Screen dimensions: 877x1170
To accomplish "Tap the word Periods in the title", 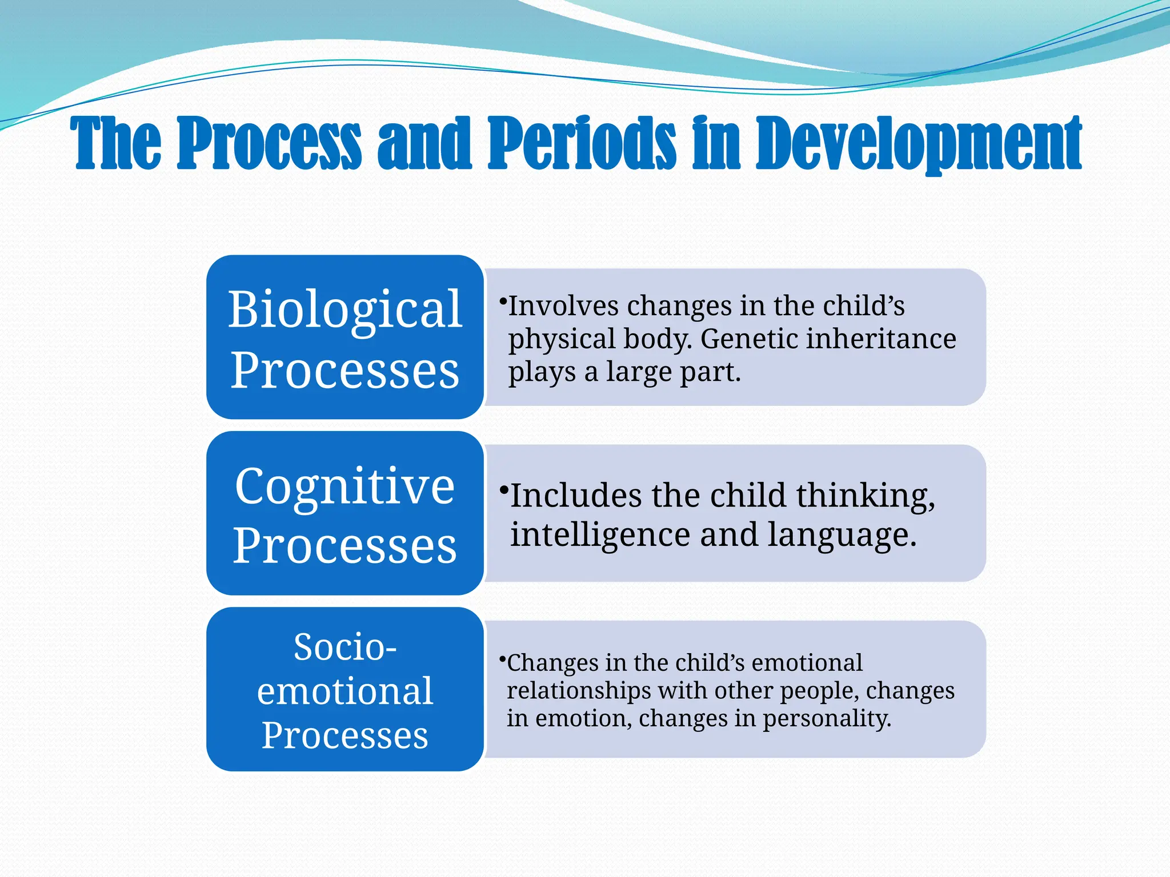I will click(x=582, y=143).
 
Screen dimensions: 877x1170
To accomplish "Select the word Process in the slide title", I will click(x=270, y=143).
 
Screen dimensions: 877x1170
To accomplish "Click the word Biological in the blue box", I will click(x=345, y=309).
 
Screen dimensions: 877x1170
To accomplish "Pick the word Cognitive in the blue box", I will click(x=345, y=486).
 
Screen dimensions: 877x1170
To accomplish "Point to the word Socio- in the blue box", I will click(x=345, y=647).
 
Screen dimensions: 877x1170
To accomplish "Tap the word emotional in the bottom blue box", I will click(x=345, y=691).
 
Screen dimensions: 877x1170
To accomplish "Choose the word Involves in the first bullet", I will click(x=563, y=306).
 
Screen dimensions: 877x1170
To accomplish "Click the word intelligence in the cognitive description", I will click(x=600, y=535).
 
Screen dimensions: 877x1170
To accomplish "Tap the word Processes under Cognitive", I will click(x=345, y=546).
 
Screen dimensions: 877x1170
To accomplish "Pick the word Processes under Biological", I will click(x=345, y=371).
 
